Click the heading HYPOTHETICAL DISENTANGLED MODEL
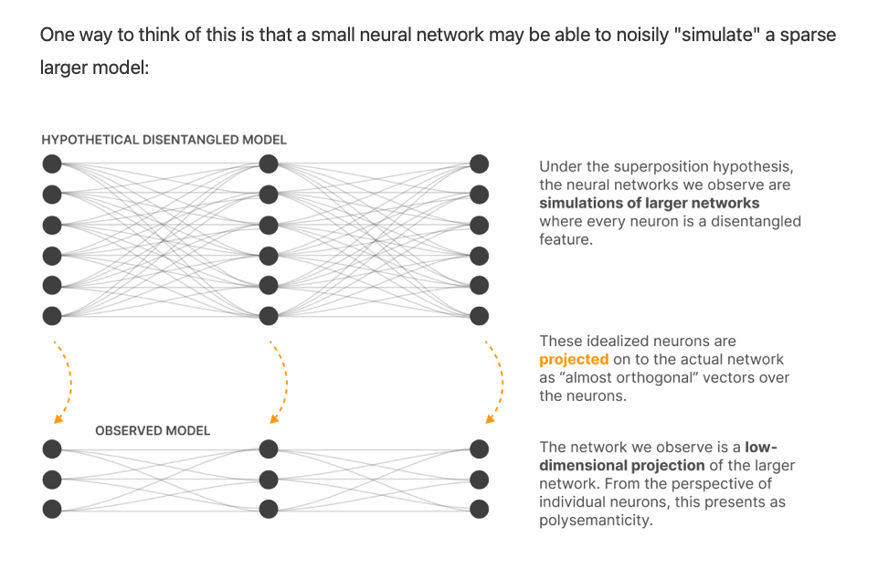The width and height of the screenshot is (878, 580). [164, 140]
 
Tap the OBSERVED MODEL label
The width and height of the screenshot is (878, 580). [153, 430]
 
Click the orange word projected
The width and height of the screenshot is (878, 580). [573, 359]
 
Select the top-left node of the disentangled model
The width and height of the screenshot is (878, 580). [52, 164]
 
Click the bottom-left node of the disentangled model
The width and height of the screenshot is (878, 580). [52, 316]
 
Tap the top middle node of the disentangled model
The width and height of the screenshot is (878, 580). [268, 164]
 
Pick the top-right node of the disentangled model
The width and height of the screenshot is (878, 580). [480, 164]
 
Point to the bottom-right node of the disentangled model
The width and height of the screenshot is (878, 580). [480, 316]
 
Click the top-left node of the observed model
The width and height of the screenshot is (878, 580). [52, 448]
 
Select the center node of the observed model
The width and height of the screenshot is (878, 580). [268, 479]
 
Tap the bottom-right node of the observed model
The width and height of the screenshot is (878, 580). [480, 509]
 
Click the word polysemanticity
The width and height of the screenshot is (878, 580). [594, 520]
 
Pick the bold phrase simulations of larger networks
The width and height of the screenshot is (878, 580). [650, 203]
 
